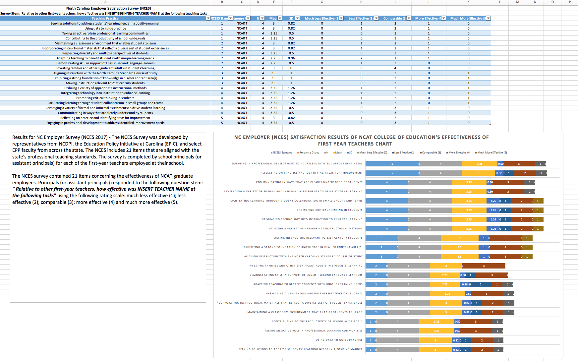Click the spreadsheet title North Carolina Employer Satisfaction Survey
tap(108, 8)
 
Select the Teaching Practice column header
tap(105, 19)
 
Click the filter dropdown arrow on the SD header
tap(297, 18)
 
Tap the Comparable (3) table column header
tap(394, 19)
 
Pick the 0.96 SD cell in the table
tap(291, 58)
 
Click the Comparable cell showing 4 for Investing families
tap(395, 68)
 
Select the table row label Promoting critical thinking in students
tap(105, 98)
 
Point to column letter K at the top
tap(468, 2)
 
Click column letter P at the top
tap(570, 2)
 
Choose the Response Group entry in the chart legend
tap(309, 153)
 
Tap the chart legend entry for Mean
tap(338, 153)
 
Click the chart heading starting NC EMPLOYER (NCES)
tap(361, 137)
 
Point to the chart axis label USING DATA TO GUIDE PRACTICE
tap(339, 340)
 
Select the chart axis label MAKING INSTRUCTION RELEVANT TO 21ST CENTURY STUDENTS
tap(318, 238)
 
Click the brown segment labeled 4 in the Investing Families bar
tap(484, 266)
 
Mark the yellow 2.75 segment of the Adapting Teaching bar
tap(444, 284)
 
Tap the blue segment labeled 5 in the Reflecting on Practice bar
tap(392, 173)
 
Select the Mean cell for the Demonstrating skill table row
tap(274, 63)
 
